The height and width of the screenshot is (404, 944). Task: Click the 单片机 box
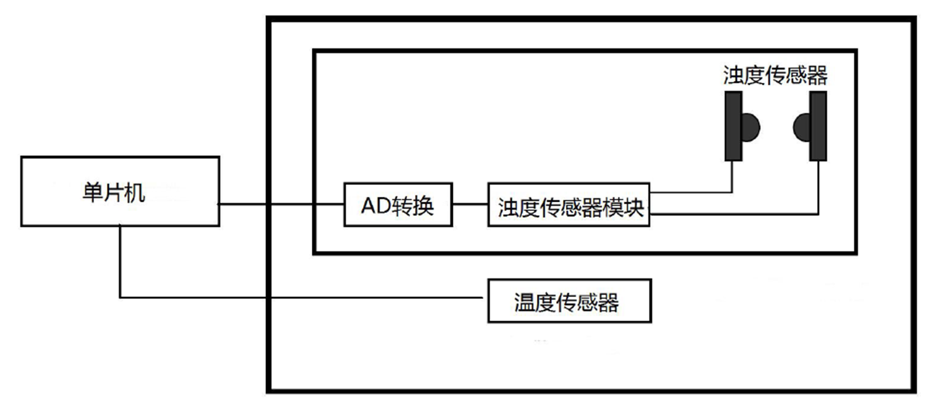119,191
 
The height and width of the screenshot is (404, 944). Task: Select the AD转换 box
398,204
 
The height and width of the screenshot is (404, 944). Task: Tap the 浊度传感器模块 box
569,204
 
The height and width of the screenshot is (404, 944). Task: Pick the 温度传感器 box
569,301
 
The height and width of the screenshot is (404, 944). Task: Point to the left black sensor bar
734,126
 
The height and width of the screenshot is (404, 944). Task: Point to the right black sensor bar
818,126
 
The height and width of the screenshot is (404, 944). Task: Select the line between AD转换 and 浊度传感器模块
470,204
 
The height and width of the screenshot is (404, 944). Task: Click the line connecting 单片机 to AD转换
281,204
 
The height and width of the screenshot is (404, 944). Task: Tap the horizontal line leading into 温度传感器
303,298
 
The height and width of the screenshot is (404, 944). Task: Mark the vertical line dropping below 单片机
119,260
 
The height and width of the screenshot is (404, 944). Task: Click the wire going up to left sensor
732,176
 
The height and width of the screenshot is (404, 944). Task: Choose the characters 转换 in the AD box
414,205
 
